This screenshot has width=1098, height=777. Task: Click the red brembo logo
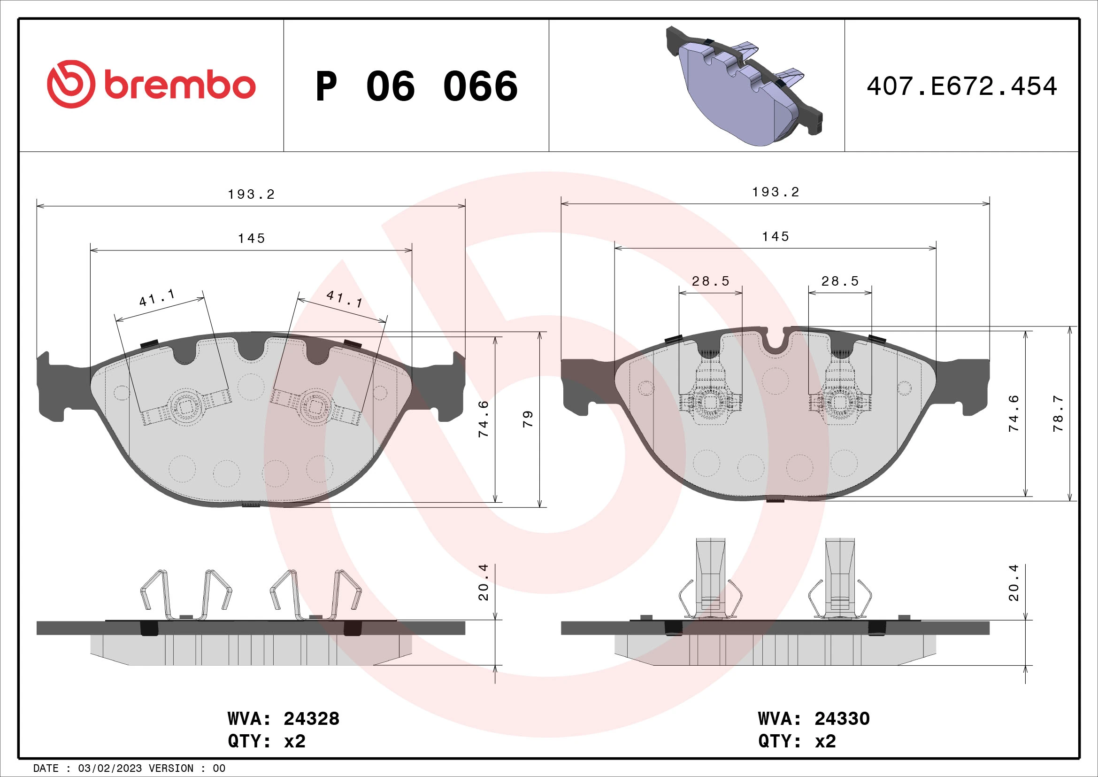click(151, 85)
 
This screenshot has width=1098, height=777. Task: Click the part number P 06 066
click(416, 86)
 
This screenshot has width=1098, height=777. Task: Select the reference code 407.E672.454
click(961, 86)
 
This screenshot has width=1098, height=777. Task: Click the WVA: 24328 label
click(283, 719)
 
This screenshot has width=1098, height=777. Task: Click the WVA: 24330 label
click(814, 719)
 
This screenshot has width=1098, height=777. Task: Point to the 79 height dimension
click(527, 419)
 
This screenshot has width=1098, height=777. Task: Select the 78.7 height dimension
click(1058, 413)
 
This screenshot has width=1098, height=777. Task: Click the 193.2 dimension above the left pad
click(251, 194)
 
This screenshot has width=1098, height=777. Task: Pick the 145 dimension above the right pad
click(775, 236)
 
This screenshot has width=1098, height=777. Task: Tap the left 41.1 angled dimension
click(157, 297)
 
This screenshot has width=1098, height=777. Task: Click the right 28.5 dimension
click(840, 281)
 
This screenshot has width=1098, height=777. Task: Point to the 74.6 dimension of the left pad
click(484, 419)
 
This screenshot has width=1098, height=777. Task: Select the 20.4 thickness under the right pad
click(1014, 582)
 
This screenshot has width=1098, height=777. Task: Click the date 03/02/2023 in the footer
click(109, 768)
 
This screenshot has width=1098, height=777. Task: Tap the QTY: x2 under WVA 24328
click(266, 741)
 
